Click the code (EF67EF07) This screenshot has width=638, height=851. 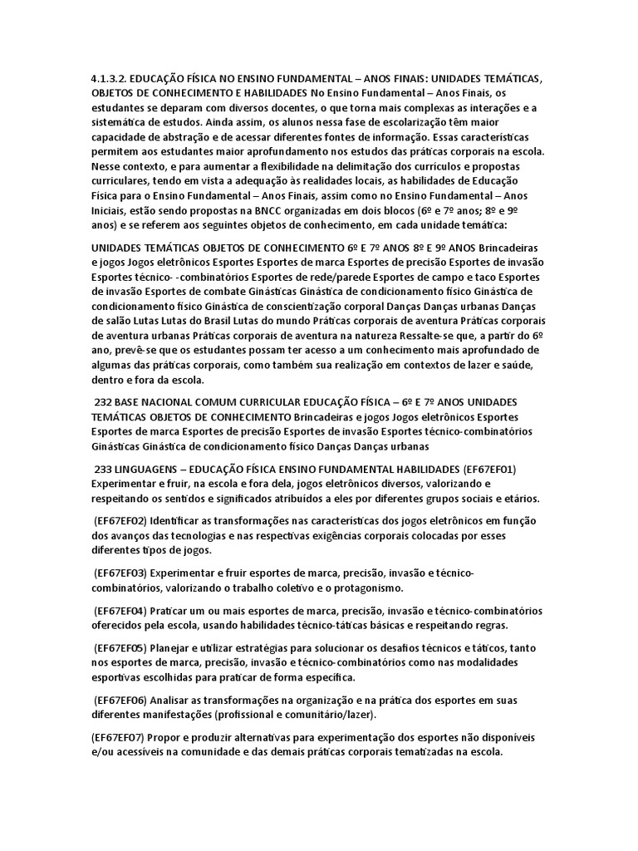(117, 737)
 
